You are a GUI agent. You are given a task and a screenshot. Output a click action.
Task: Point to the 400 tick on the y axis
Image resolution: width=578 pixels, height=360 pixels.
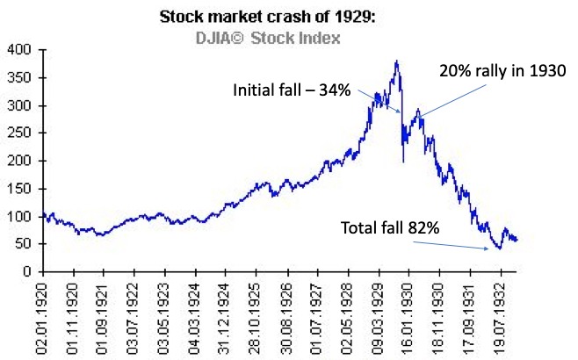[x=17, y=51]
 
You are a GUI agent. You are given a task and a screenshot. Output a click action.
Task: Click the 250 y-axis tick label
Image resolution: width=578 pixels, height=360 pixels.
[x=17, y=133]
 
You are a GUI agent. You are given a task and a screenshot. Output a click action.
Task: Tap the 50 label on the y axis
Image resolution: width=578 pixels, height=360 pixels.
[x=20, y=244]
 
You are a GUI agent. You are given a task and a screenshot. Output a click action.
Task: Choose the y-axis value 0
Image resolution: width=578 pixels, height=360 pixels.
[x=24, y=271]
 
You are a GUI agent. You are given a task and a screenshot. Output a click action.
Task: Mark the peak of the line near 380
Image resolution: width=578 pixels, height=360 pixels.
[x=397, y=61]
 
